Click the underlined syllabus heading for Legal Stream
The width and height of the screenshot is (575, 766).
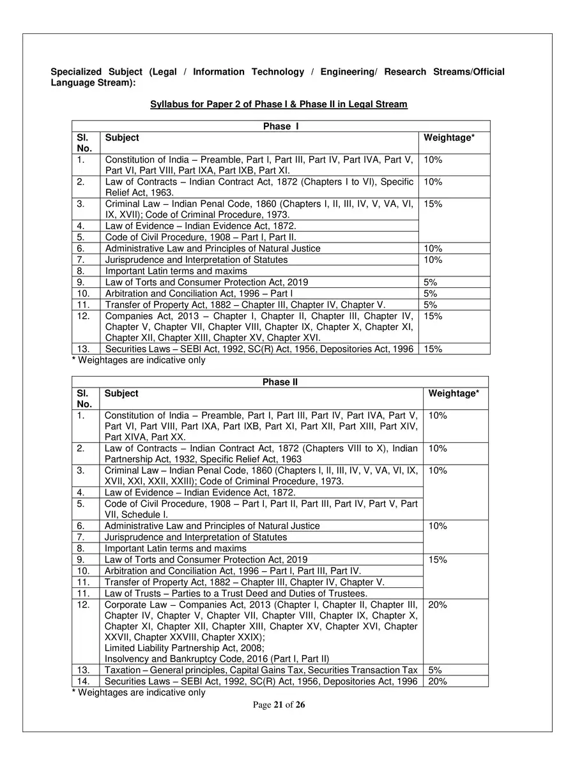click(279, 104)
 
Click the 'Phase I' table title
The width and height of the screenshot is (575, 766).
click(280, 126)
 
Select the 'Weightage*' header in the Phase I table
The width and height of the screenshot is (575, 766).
click(449, 137)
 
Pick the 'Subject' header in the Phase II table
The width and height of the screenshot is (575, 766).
click(121, 393)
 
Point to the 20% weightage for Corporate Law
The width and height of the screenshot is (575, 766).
click(438, 605)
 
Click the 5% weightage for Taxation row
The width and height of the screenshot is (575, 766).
click(435, 670)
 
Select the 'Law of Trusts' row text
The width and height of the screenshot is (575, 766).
click(236, 593)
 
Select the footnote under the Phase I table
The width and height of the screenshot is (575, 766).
click(139, 360)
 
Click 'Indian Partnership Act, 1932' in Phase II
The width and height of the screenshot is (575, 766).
click(160, 459)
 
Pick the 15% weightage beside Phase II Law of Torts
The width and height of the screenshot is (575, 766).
click(438, 560)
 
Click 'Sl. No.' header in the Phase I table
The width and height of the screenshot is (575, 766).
click(84, 142)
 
